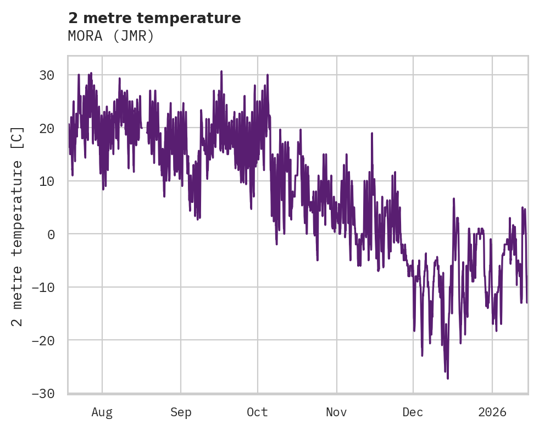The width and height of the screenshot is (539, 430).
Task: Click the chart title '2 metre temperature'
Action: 154,18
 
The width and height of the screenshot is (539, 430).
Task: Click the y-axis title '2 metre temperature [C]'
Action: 18,226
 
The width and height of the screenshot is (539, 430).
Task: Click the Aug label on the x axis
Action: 102,412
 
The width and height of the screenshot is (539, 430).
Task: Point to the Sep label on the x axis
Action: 180,412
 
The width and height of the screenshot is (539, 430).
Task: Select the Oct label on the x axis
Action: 257,412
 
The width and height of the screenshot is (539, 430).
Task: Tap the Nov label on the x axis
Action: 336,412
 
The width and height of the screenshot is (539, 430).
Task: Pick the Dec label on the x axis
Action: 413,412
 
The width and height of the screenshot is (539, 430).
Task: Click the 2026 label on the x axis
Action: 492,412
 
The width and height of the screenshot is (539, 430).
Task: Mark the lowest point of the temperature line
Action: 448,378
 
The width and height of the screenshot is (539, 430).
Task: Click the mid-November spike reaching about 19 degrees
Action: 372,133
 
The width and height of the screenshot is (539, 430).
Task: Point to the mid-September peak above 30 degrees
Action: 221,71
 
